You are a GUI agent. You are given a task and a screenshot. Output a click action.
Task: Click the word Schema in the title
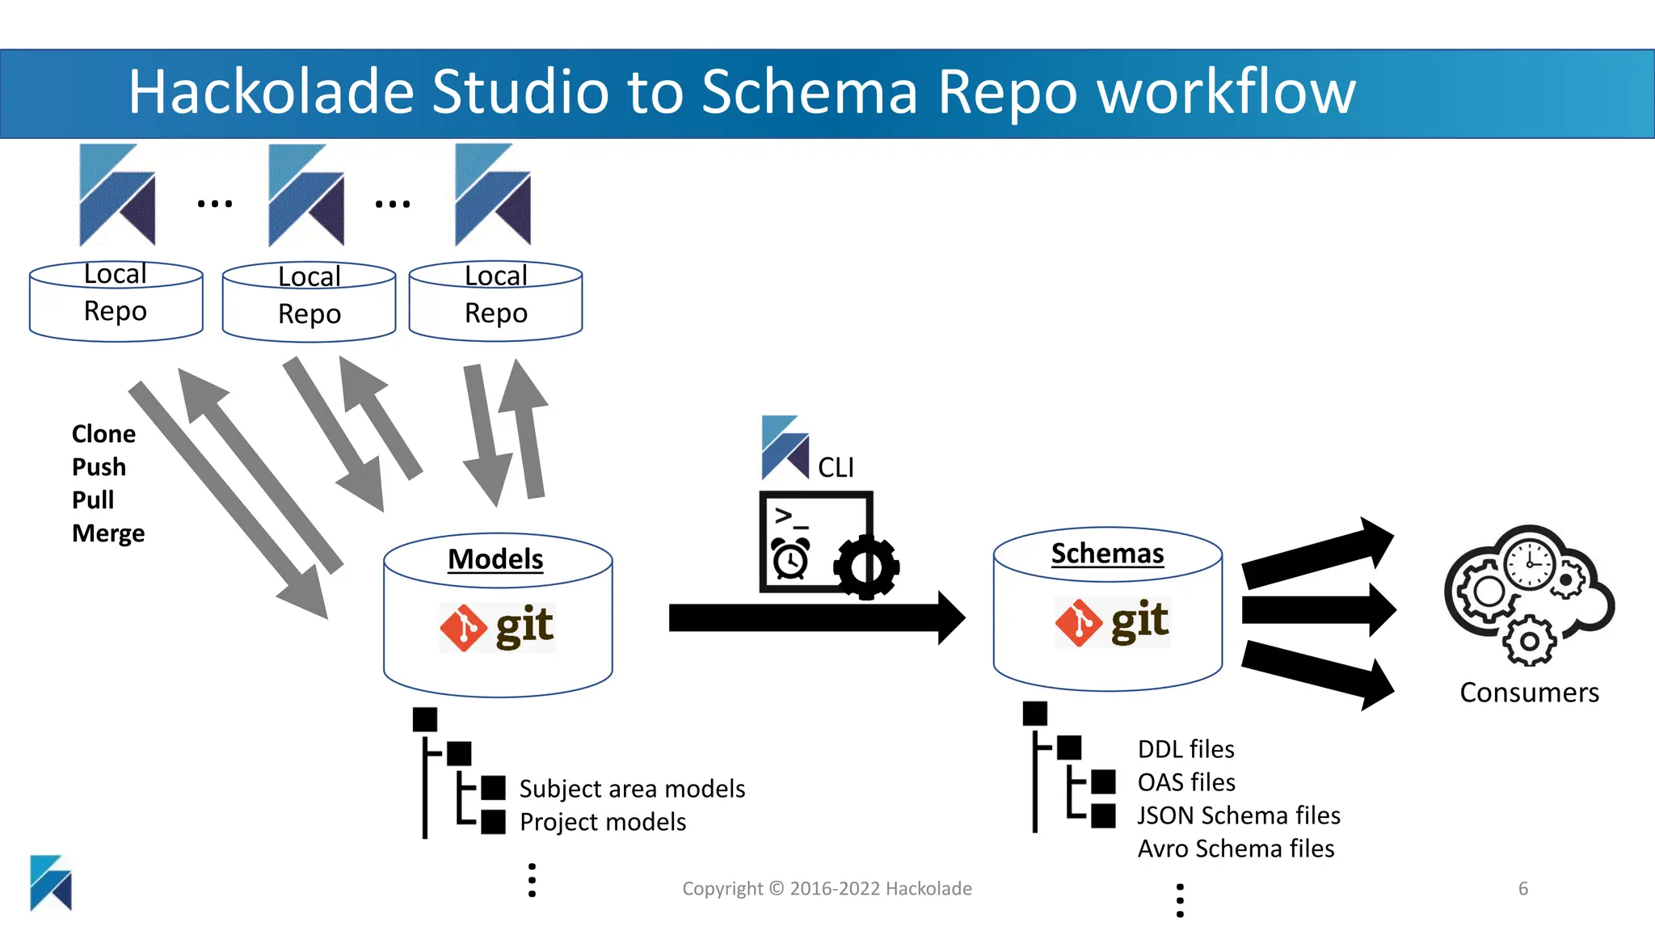point(809,91)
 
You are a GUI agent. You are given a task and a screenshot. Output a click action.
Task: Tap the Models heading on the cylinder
point(495,559)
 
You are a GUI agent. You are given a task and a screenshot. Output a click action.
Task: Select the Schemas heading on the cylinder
point(1107,554)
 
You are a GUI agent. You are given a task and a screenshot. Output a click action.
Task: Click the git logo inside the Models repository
point(497,627)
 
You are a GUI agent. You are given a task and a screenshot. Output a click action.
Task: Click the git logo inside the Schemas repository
point(1112,622)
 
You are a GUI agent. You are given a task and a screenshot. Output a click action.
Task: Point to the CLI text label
point(836,468)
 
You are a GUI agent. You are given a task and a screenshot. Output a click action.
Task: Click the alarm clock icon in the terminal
point(790,558)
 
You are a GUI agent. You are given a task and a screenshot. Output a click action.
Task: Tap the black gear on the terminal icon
point(866,567)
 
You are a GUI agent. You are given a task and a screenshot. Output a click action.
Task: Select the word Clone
point(103,434)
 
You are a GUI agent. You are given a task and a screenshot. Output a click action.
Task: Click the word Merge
point(108,533)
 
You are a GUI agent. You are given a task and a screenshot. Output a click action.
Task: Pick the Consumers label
point(1529,693)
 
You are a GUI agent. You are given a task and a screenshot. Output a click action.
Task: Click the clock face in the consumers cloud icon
point(1530,562)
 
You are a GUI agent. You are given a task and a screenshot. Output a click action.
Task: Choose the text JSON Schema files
point(1239,815)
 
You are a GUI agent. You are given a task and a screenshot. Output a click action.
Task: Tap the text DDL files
point(1185,749)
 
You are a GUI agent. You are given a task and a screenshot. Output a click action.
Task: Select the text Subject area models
point(632,789)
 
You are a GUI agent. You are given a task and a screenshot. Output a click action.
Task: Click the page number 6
point(1523,889)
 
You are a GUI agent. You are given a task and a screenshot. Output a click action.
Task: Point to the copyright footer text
point(827,889)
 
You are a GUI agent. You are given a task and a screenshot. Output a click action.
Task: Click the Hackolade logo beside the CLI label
point(785,447)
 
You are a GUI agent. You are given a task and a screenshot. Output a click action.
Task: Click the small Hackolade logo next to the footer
point(51,883)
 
